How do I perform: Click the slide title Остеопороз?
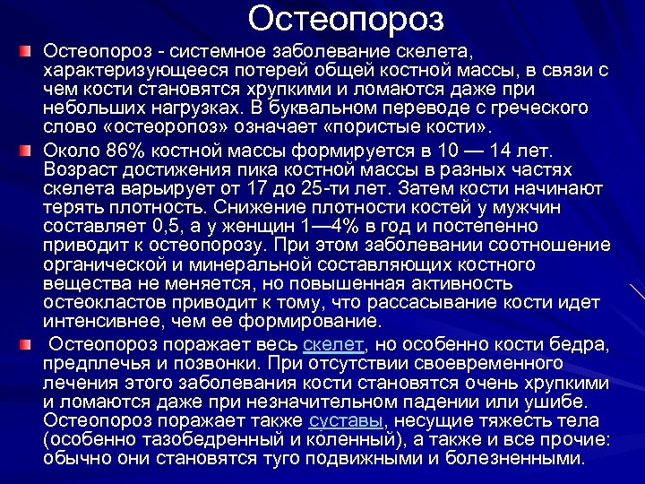point(346,18)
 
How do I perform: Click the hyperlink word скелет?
point(334,344)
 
